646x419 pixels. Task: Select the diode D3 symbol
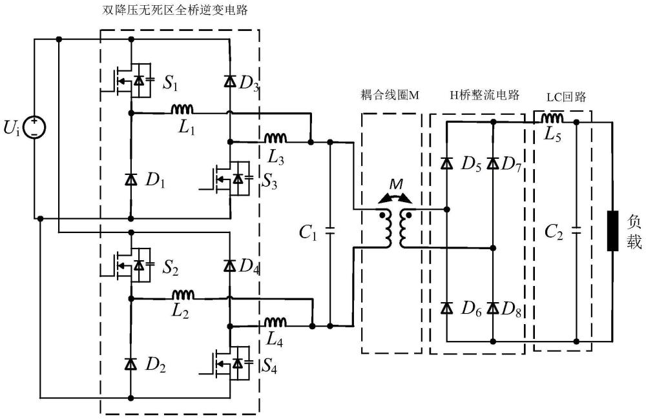tap(230, 81)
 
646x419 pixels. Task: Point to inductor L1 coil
tap(182, 108)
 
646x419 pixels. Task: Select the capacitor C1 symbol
tap(330, 230)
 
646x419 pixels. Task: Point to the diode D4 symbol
tap(230, 265)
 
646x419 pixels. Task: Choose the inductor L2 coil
tap(182, 294)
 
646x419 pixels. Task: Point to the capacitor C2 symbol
tap(576, 230)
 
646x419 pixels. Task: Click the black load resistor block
tap(612, 230)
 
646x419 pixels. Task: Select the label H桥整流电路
tap(476, 95)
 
